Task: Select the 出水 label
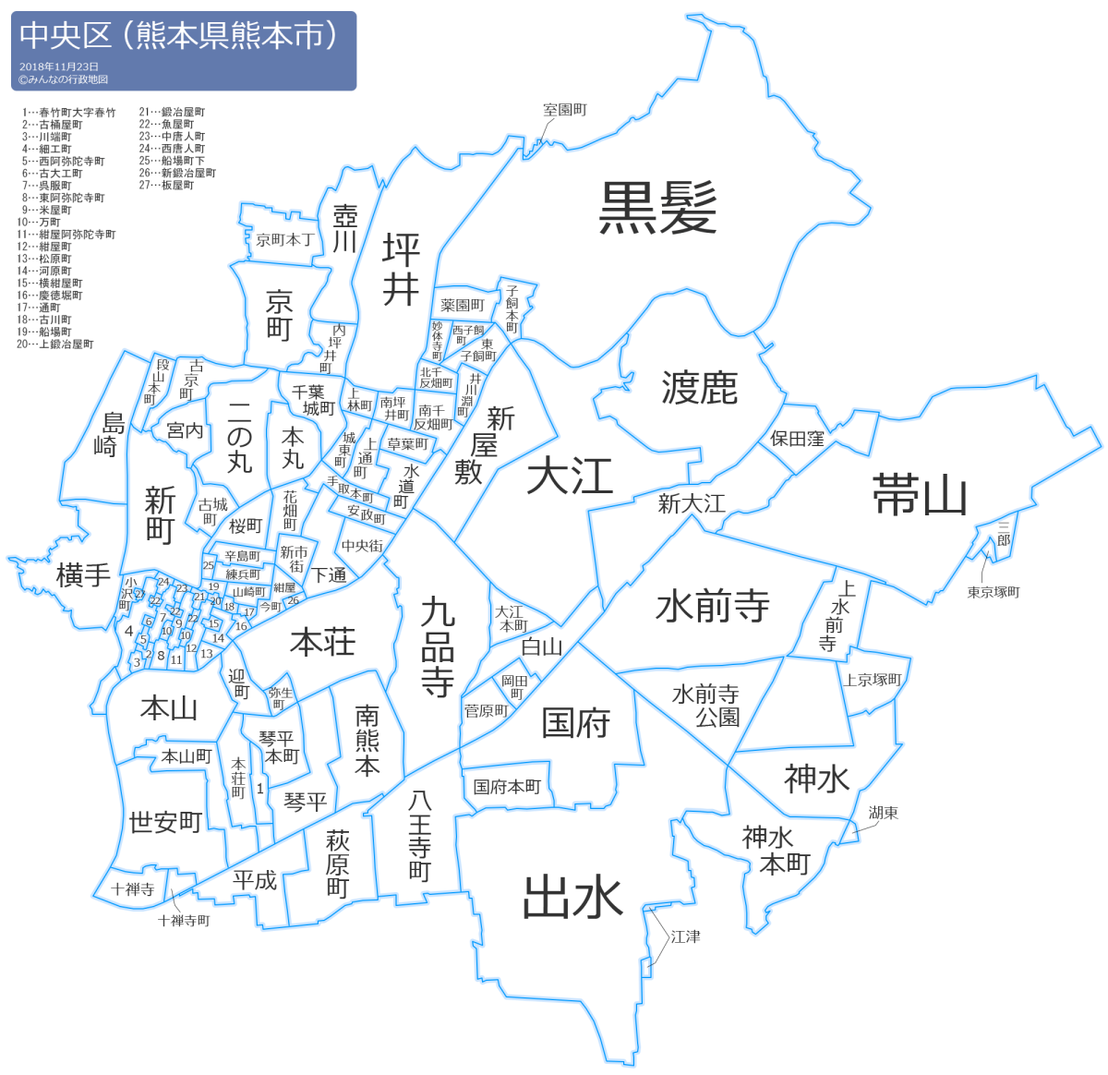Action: [572, 897]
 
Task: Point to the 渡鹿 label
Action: [699, 388]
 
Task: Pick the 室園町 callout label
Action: [564, 110]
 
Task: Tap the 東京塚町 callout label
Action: [994, 592]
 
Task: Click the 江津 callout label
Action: [685, 936]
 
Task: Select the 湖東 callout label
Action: [883, 813]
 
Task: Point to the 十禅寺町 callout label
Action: [184, 921]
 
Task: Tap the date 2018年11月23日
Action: [59, 67]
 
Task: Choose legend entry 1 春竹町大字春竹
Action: [70, 113]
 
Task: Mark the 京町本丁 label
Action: [284, 240]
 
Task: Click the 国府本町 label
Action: [507, 787]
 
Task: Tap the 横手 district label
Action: [83, 575]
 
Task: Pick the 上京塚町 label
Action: [873, 680]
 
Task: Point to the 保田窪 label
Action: [797, 439]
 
